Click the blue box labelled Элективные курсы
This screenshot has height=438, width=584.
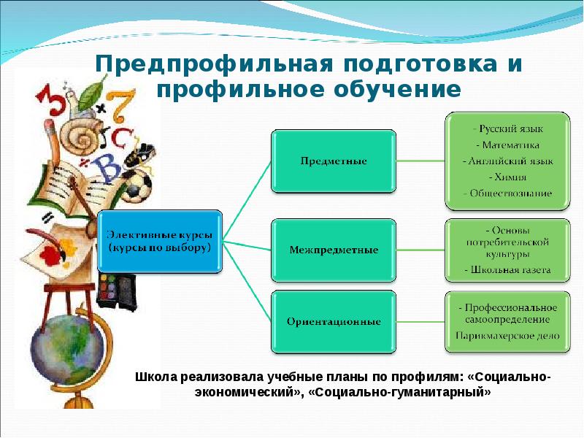pyautogui.click(x=161, y=242)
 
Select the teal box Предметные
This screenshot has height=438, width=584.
pyautogui.click(x=333, y=160)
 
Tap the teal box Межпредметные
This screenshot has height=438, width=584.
pyautogui.click(x=333, y=250)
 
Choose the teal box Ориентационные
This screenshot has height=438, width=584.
pyautogui.click(x=333, y=321)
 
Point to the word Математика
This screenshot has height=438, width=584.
pyautogui.click(x=507, y=145)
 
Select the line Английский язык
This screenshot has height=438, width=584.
pyautogui.click(x=507, y=161)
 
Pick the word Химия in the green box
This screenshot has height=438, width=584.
pyautogui.click(x=507, y=177)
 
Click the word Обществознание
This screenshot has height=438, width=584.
pyautogui.click(x=507, y=193)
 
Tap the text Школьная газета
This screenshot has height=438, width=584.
pyautogui.click(x=507, y=270)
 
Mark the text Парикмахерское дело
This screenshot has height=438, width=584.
pyautogui.click(x=507, y=336)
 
